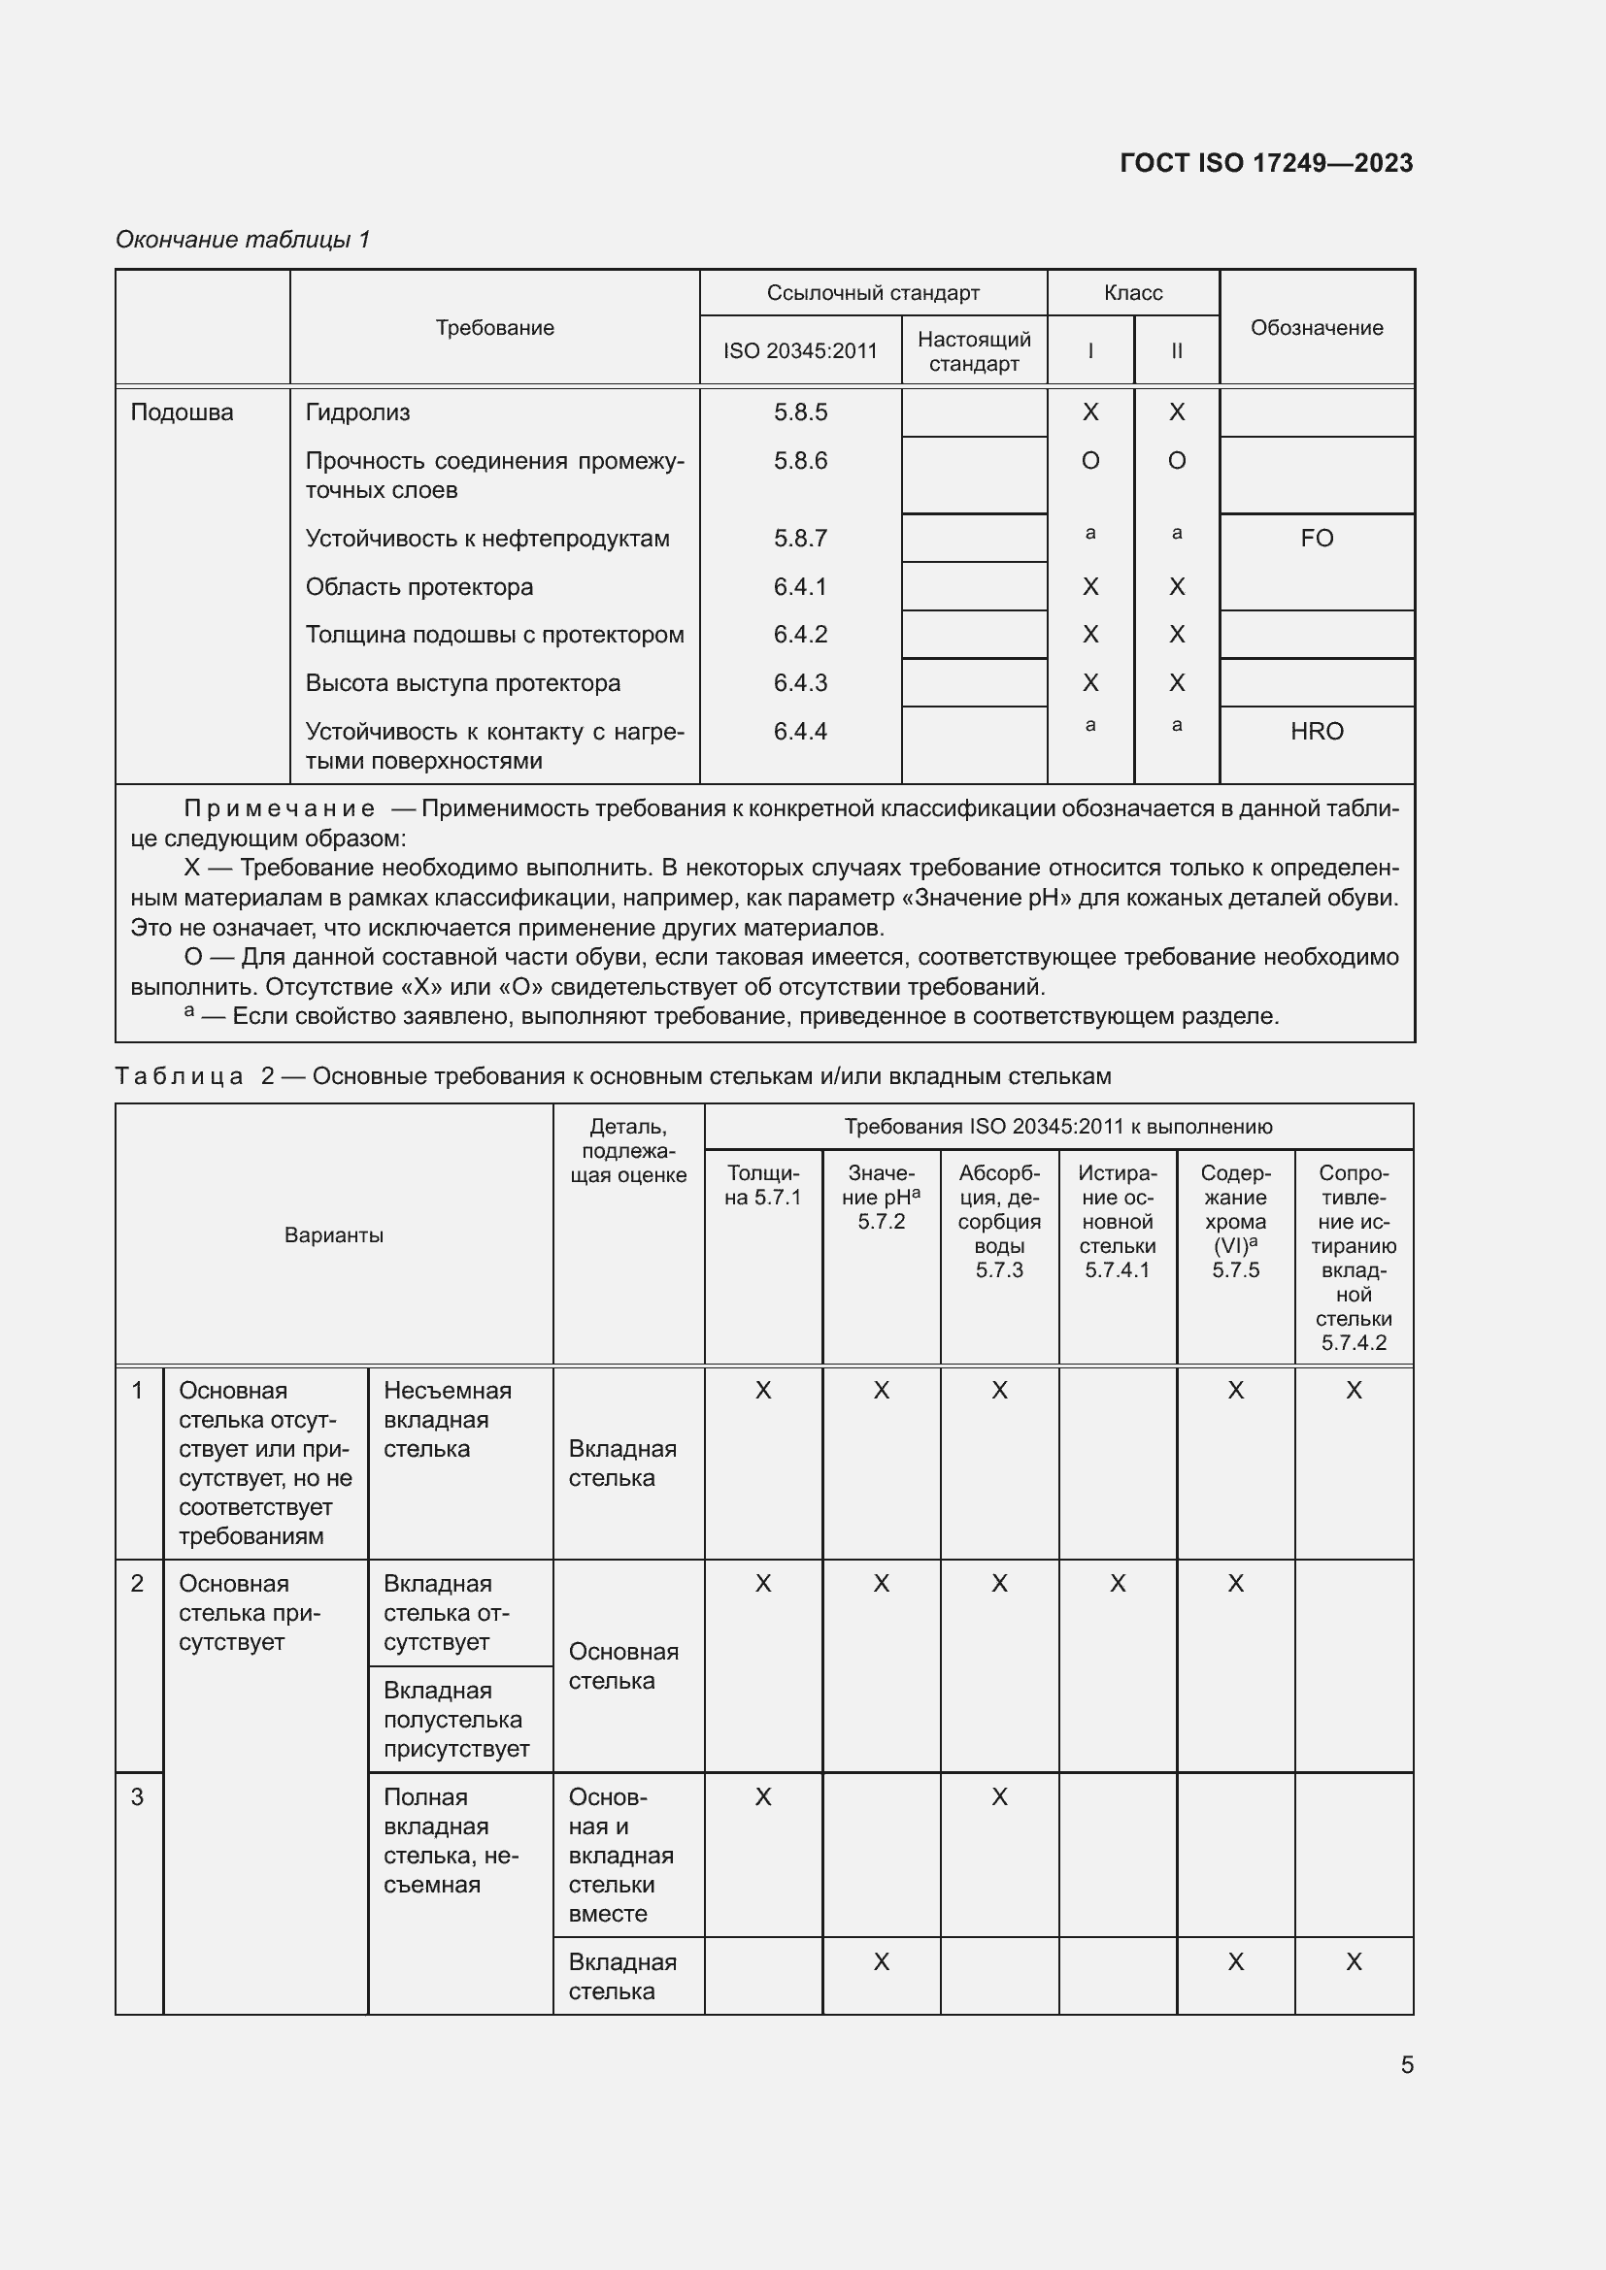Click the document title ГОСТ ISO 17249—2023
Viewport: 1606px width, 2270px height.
coord(1266,163)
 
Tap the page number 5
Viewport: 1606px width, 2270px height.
coord(1406,2064)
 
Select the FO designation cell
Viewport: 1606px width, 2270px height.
coord(1317,538)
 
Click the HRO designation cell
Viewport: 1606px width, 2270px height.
coord(1317,732)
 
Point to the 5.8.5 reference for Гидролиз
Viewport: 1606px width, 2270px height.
coord(800,412)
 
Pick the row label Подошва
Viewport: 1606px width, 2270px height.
coord(182,412)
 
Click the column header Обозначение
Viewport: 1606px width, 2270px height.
coord(1317,327)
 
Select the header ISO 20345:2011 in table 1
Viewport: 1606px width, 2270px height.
coord(800,351)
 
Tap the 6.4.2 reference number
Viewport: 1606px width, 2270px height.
coord(800,635)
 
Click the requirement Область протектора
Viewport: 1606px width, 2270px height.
coord(419,587)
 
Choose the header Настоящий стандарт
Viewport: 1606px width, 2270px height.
coord(974,351)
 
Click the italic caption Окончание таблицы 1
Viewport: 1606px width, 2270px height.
coord(243,240)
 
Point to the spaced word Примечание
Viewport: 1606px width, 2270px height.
coord(280,808)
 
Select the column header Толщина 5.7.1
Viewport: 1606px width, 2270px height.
coord(762,1184)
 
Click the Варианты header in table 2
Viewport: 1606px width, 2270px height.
coord(333,1234)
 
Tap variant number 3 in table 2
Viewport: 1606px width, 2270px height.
coord(138,1796)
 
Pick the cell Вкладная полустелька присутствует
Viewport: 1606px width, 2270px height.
coord(456,1720)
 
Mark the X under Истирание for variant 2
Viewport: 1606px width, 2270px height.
coord(1118,1583)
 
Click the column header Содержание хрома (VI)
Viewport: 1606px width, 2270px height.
coord(1235,1221)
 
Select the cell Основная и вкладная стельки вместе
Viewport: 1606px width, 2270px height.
coord(621,1855)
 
